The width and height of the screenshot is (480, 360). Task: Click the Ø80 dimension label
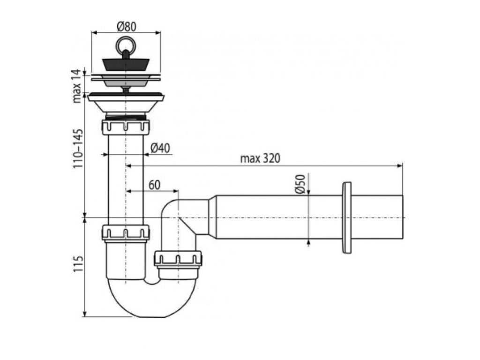click(125, 27)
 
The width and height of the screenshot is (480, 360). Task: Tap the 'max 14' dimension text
click(77, 86)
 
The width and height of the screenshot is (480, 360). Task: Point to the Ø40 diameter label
click(160, 148)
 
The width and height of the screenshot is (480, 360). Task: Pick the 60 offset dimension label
click(155, 185)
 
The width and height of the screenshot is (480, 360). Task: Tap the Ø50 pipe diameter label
click(301, 183)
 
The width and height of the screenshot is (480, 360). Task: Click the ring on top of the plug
click(125, 45)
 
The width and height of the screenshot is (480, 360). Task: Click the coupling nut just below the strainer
click(125, 127)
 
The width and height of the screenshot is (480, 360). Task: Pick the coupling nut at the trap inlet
click(125, 232)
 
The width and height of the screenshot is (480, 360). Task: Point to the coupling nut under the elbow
click(178, 258)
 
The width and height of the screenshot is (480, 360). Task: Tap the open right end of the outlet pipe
click(402, 217)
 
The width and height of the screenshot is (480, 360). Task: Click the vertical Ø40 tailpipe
click(125, 178)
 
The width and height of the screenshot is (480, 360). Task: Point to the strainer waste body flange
click(125, 97)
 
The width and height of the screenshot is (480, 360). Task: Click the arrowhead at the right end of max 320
click(400, 165)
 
